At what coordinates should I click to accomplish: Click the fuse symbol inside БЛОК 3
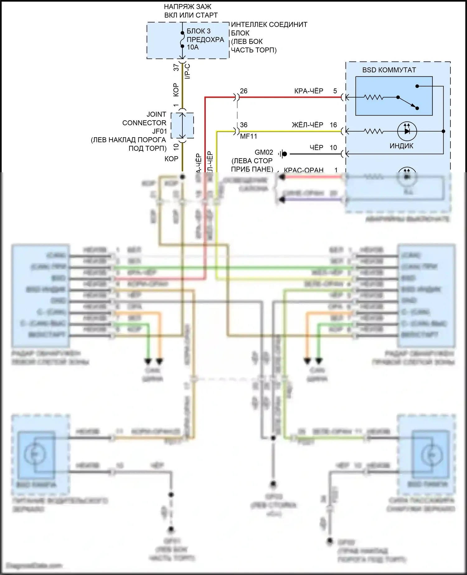point(182,40)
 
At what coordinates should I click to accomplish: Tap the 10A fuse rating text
point(192,47)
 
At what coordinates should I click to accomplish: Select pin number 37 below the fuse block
point(177,67)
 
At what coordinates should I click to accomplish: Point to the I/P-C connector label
point(187,71)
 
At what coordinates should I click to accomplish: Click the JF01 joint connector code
point(159,131)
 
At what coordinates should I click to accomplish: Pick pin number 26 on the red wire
point(244,91)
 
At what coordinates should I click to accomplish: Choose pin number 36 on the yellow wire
point(244,125)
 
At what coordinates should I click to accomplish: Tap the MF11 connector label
point(248,136)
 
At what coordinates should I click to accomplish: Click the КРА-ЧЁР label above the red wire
point(309,91)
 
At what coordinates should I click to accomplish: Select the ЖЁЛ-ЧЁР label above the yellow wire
point(308,125)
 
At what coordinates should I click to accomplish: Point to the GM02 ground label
point(264,152)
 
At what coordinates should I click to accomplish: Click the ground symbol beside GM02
point(283,154)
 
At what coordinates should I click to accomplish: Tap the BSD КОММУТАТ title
point(389,70)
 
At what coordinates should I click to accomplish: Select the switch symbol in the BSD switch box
point(408,102)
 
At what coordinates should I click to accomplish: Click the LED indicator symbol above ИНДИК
point(407,131)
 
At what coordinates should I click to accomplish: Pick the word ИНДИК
point(401,146)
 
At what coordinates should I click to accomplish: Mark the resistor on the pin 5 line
point(374,97)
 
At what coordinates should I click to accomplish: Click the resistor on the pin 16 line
point(374,131)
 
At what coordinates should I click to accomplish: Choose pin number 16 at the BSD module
point(333,125)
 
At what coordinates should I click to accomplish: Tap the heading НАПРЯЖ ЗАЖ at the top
point(187,7)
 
